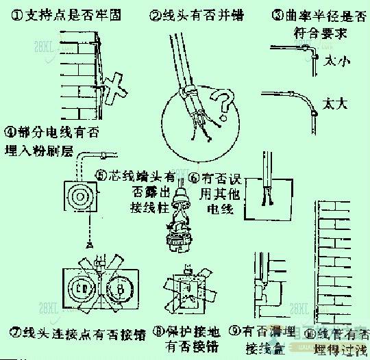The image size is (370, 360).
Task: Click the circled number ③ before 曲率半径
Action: tap(277, 13)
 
